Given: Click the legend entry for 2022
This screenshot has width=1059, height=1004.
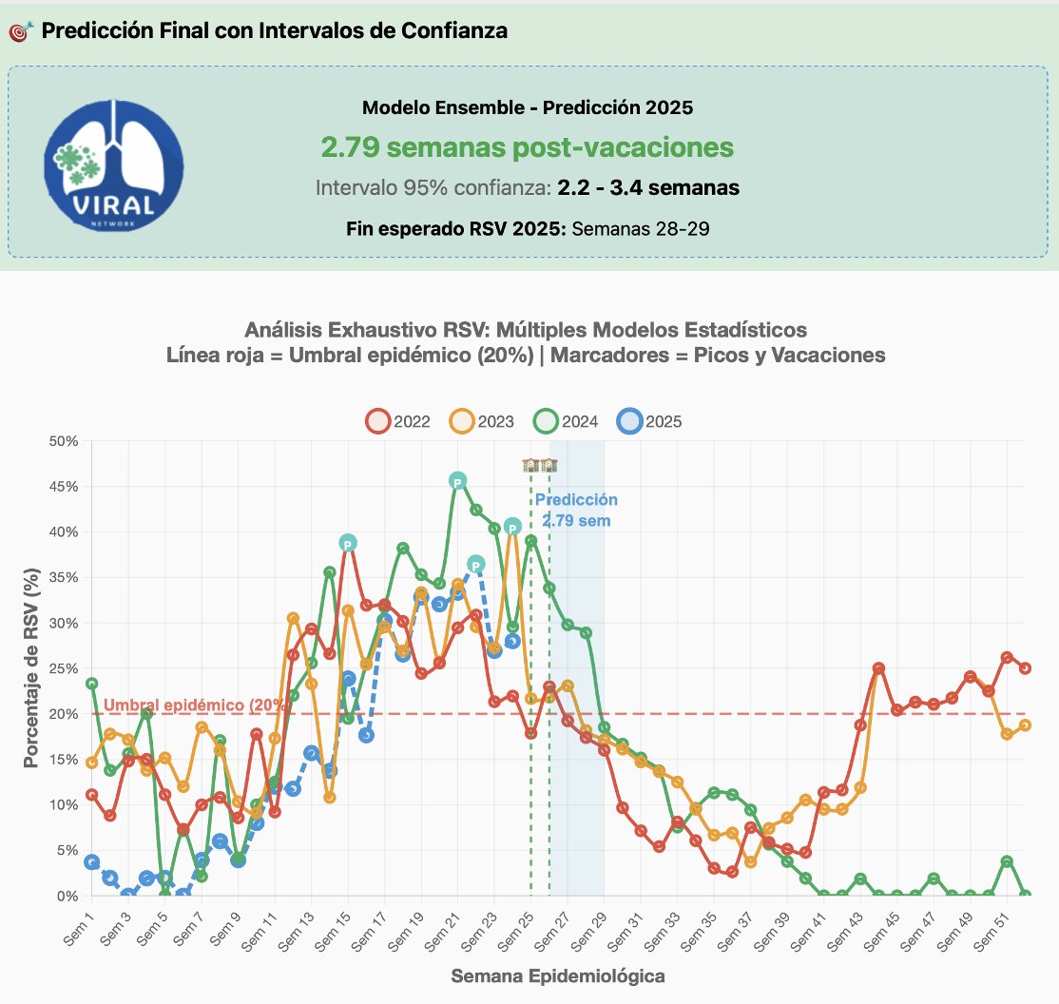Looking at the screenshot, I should click(398, 422).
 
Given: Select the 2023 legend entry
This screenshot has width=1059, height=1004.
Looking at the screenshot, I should click(484, 422).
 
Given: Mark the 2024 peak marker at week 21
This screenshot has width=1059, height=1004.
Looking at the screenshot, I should click(457, 482).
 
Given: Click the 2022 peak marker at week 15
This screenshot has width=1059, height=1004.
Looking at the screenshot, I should click(348, 543).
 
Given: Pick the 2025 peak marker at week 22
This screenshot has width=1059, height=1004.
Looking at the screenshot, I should click(476, 565).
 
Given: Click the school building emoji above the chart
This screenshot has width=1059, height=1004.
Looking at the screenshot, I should click(540, 465).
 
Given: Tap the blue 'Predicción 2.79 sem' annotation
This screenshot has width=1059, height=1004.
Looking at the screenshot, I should click(576, 511).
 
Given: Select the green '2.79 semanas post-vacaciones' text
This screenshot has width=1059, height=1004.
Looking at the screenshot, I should click(527, 147).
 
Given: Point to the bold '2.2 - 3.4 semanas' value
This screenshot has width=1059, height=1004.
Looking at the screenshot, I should click(648, 188).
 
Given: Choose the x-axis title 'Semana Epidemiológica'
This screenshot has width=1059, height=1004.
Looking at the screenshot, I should click(557, 976).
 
